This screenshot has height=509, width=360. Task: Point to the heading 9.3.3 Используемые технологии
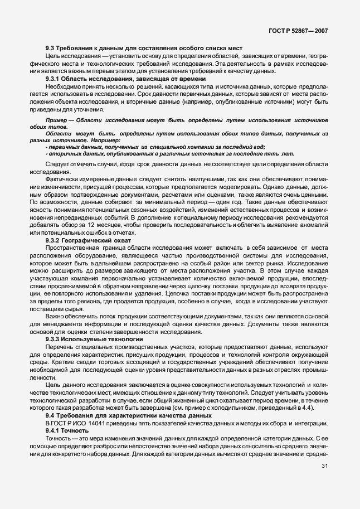pyautogui.click(x=94, y=339)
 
